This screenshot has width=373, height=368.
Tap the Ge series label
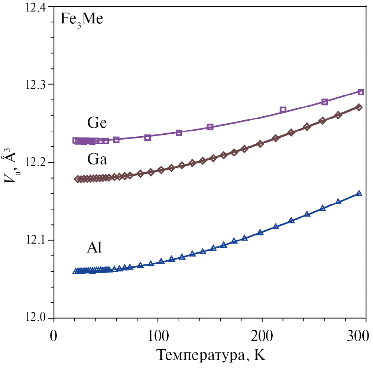(x=97, y=122)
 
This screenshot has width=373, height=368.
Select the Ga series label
(x=97, y=160)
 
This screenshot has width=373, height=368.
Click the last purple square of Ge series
(x=361, y=92)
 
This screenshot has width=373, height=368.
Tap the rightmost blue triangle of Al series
(x=359, y=193)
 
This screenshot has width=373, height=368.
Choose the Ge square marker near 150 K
(x=210, y=127)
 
